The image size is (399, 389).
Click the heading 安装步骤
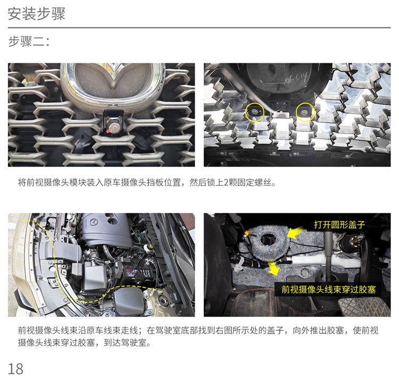(x=36, y=13)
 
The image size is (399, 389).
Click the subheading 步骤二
(x=29, y=42)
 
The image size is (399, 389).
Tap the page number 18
(x=15, y=369)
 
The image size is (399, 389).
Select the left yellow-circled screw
(x=254, y=111)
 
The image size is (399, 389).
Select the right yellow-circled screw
(x=304, y=112)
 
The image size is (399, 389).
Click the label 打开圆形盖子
(x=339, y=225)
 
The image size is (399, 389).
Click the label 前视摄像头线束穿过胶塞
(x=329, y=289)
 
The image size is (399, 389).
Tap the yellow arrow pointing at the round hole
(x=296, y=232)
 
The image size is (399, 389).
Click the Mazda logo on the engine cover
(x=94, y=222)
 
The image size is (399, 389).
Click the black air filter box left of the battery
(x=95, y=277)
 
